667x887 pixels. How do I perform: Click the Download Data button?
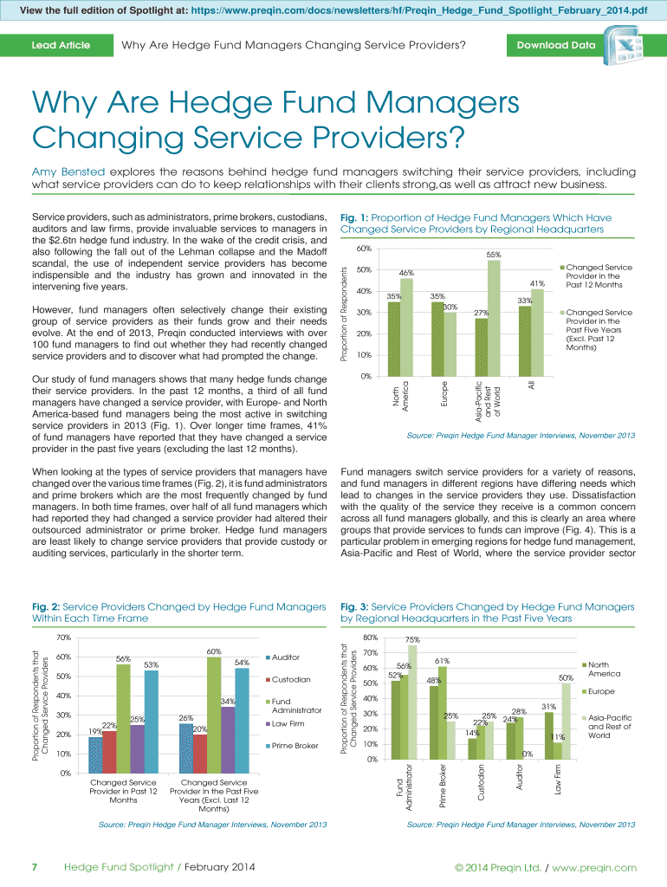click(556, 45)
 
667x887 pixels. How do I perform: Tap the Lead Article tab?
click(61, 45)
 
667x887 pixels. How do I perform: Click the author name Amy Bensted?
click(68, 172)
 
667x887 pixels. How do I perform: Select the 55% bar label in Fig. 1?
click(494, 254)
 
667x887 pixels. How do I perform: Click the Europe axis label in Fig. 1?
click(444, 390)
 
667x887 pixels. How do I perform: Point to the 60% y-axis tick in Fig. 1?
click(364, 249)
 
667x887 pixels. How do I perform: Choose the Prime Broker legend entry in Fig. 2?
click(295, 745)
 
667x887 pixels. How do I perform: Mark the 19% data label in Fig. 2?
click(95, 732)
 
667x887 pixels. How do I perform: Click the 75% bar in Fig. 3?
click(413, 702)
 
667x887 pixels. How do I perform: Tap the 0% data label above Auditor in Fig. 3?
click(526, 754)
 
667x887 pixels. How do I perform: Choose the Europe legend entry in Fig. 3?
click(600, 691)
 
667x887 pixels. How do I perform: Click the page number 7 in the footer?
click(35, 867)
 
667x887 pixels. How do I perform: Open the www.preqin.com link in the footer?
click(594, 867)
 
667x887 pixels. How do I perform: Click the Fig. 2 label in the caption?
click(45, 607)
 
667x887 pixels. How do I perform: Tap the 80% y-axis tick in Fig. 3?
click(371, 638)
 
